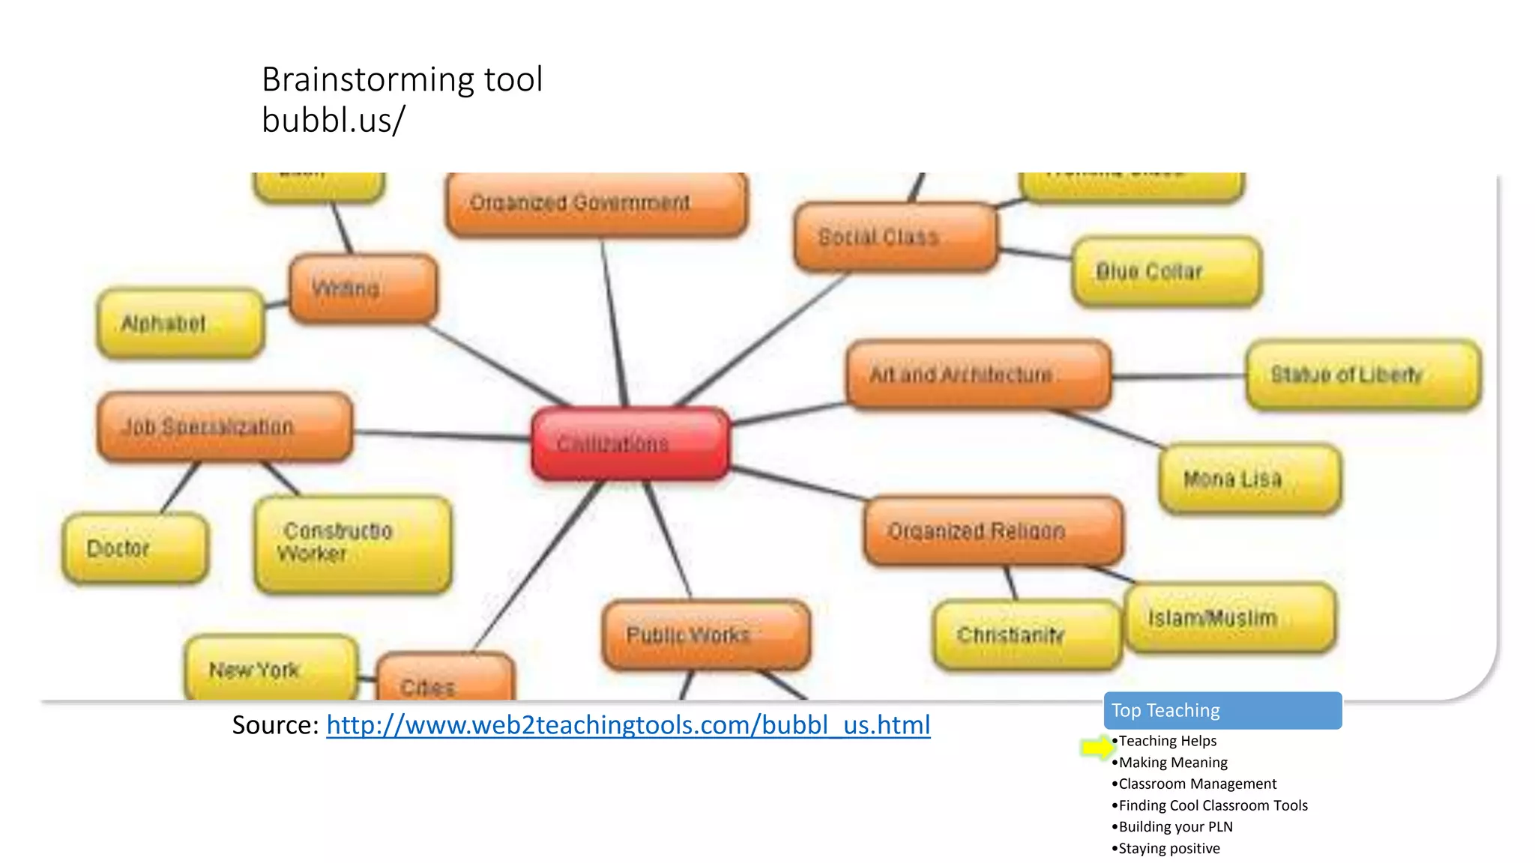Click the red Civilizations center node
tap(630, 443)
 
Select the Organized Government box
tap(596, 204)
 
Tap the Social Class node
tap(895, 237)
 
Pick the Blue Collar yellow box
tap(1166, 271)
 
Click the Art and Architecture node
tap(977, 375)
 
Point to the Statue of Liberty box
tap(1363, 375)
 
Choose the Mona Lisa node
tap(1249, 479)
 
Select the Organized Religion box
tap(992, 530)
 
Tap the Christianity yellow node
tap(1026, 635)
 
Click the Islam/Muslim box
tap(1229, 618)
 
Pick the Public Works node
tap(705, 635)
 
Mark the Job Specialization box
tap(224, 426)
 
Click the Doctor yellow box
tap(135, 548)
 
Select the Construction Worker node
tap(352, 544)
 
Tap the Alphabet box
tap(180, 323)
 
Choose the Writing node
tap(363, 288)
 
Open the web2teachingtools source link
tap(628, 725)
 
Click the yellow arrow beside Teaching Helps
tap(1097, 747)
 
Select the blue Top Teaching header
tap(1222, 710)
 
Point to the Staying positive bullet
tap(1168, 849)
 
